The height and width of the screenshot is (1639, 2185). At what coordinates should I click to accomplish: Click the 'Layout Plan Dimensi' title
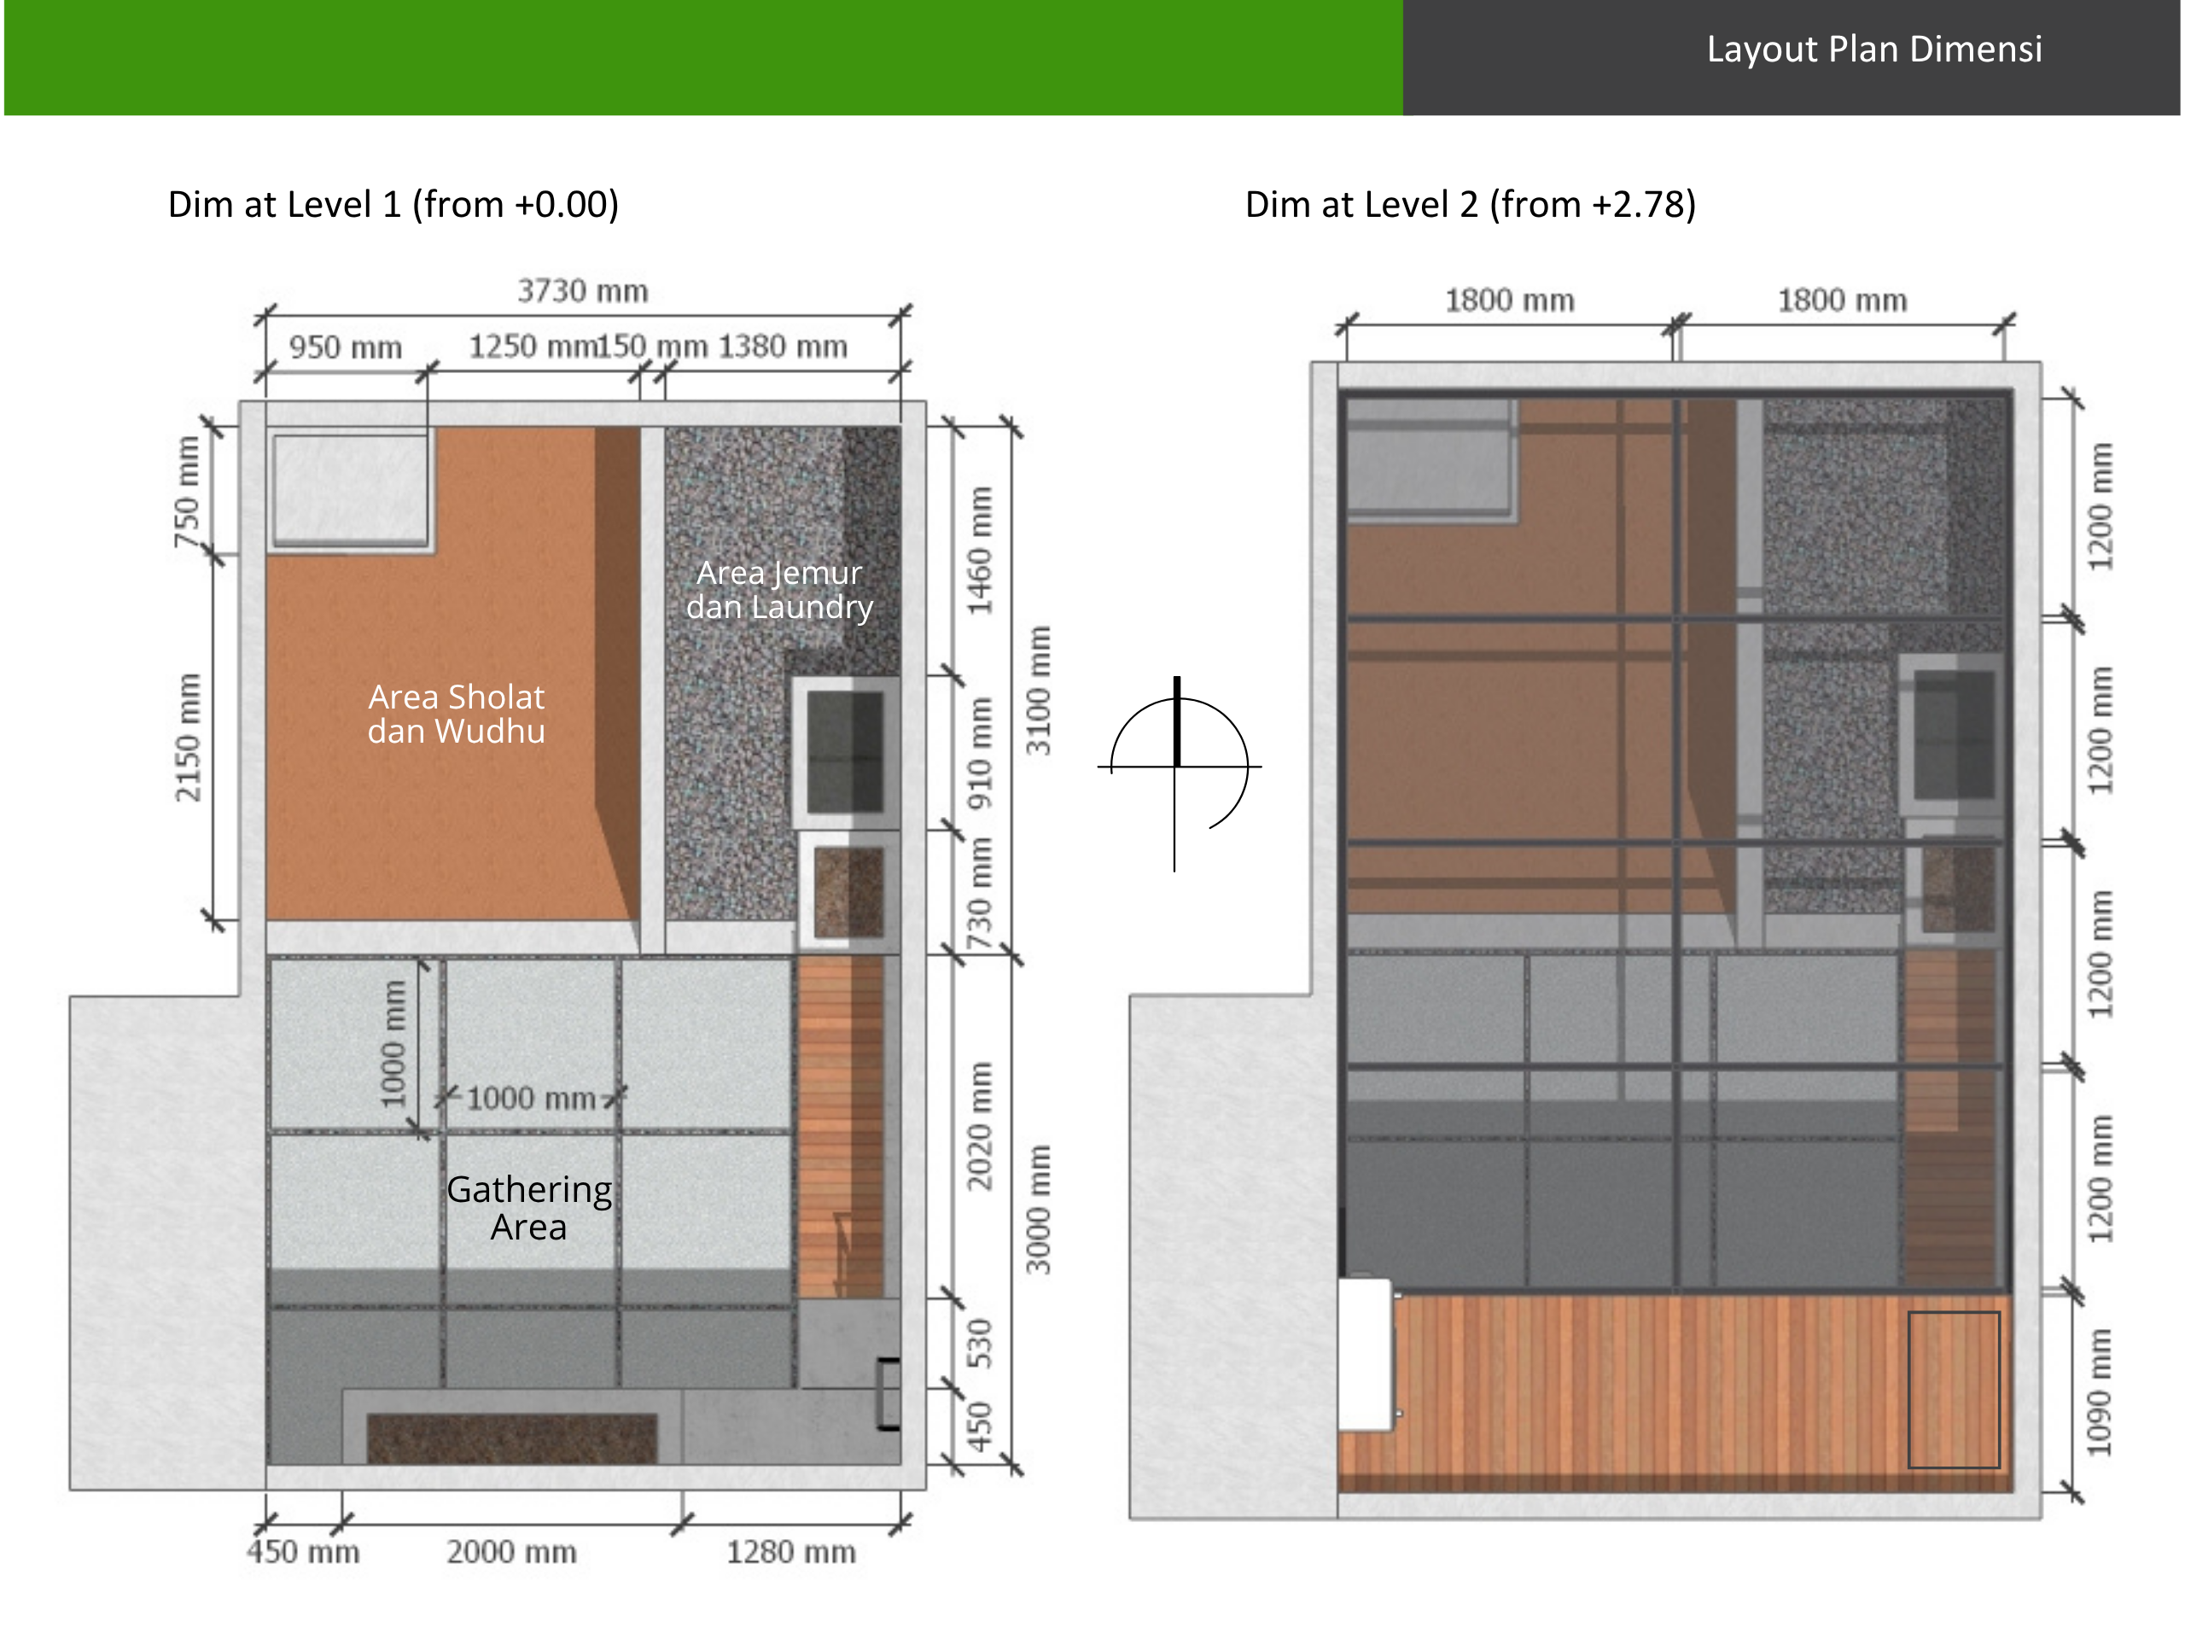click(1873, 50)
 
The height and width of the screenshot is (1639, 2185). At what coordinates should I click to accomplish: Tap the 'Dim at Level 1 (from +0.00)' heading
click(393, 205)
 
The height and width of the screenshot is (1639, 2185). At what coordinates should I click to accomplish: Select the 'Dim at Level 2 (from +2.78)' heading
click(1470, 205)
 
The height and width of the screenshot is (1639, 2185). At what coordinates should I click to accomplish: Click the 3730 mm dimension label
click(583, 291)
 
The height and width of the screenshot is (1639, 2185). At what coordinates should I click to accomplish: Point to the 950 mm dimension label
click(346, 347)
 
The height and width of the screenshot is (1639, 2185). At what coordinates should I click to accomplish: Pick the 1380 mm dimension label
click(783, 347)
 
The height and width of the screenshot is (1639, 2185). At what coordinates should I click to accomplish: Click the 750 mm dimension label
click(187, 491)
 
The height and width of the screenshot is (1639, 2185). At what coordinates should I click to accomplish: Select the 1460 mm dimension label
click(979, 551)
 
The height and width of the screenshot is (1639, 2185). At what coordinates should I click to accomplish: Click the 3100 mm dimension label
click(1037, 691)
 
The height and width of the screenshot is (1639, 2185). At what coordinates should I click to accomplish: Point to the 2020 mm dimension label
click(979, 1126)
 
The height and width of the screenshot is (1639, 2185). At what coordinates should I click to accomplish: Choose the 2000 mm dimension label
click(511, 1552)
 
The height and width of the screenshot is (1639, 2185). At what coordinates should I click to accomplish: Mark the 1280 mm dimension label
click(791, 1552)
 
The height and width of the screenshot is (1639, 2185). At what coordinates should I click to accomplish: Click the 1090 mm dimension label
click(2099, 1392)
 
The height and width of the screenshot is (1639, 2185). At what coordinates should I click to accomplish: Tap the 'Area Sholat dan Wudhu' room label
click(457, 715)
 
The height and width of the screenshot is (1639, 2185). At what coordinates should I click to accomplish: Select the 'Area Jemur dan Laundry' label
click(779, 590)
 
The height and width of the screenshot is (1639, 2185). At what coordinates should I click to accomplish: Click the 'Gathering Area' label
click(529, 1207)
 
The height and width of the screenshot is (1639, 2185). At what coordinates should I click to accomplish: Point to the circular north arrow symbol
click(1179, 767)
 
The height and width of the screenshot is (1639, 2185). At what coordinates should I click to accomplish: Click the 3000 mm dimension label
click(1037, 1210)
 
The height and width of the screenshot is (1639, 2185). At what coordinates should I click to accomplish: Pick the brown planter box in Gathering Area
click(511, 1438)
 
